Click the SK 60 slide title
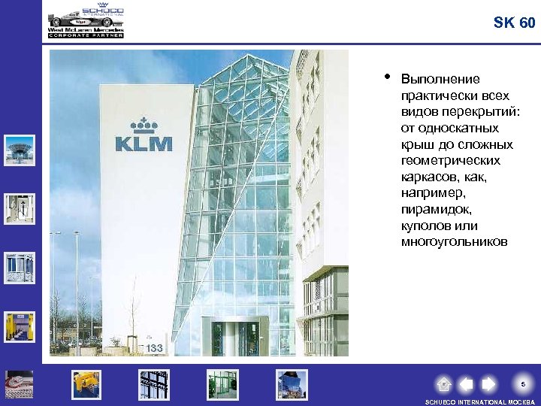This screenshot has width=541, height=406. (515, 23)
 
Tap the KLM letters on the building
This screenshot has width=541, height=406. (144, 143)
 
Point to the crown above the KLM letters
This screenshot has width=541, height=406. (142, 124)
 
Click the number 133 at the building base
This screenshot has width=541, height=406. (155, 348)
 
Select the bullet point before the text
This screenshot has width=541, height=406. (386, 76)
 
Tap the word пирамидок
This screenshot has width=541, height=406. (431, 210)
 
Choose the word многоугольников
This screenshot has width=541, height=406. (455, 242)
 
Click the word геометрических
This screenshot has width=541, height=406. (450, 161)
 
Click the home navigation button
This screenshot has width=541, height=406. (444, 384)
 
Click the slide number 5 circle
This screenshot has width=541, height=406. (523, 384)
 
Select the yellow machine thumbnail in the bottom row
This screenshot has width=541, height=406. (86, 384)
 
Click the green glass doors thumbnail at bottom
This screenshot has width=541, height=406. (222, 384)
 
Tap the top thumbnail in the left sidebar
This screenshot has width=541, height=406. (20, 150)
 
